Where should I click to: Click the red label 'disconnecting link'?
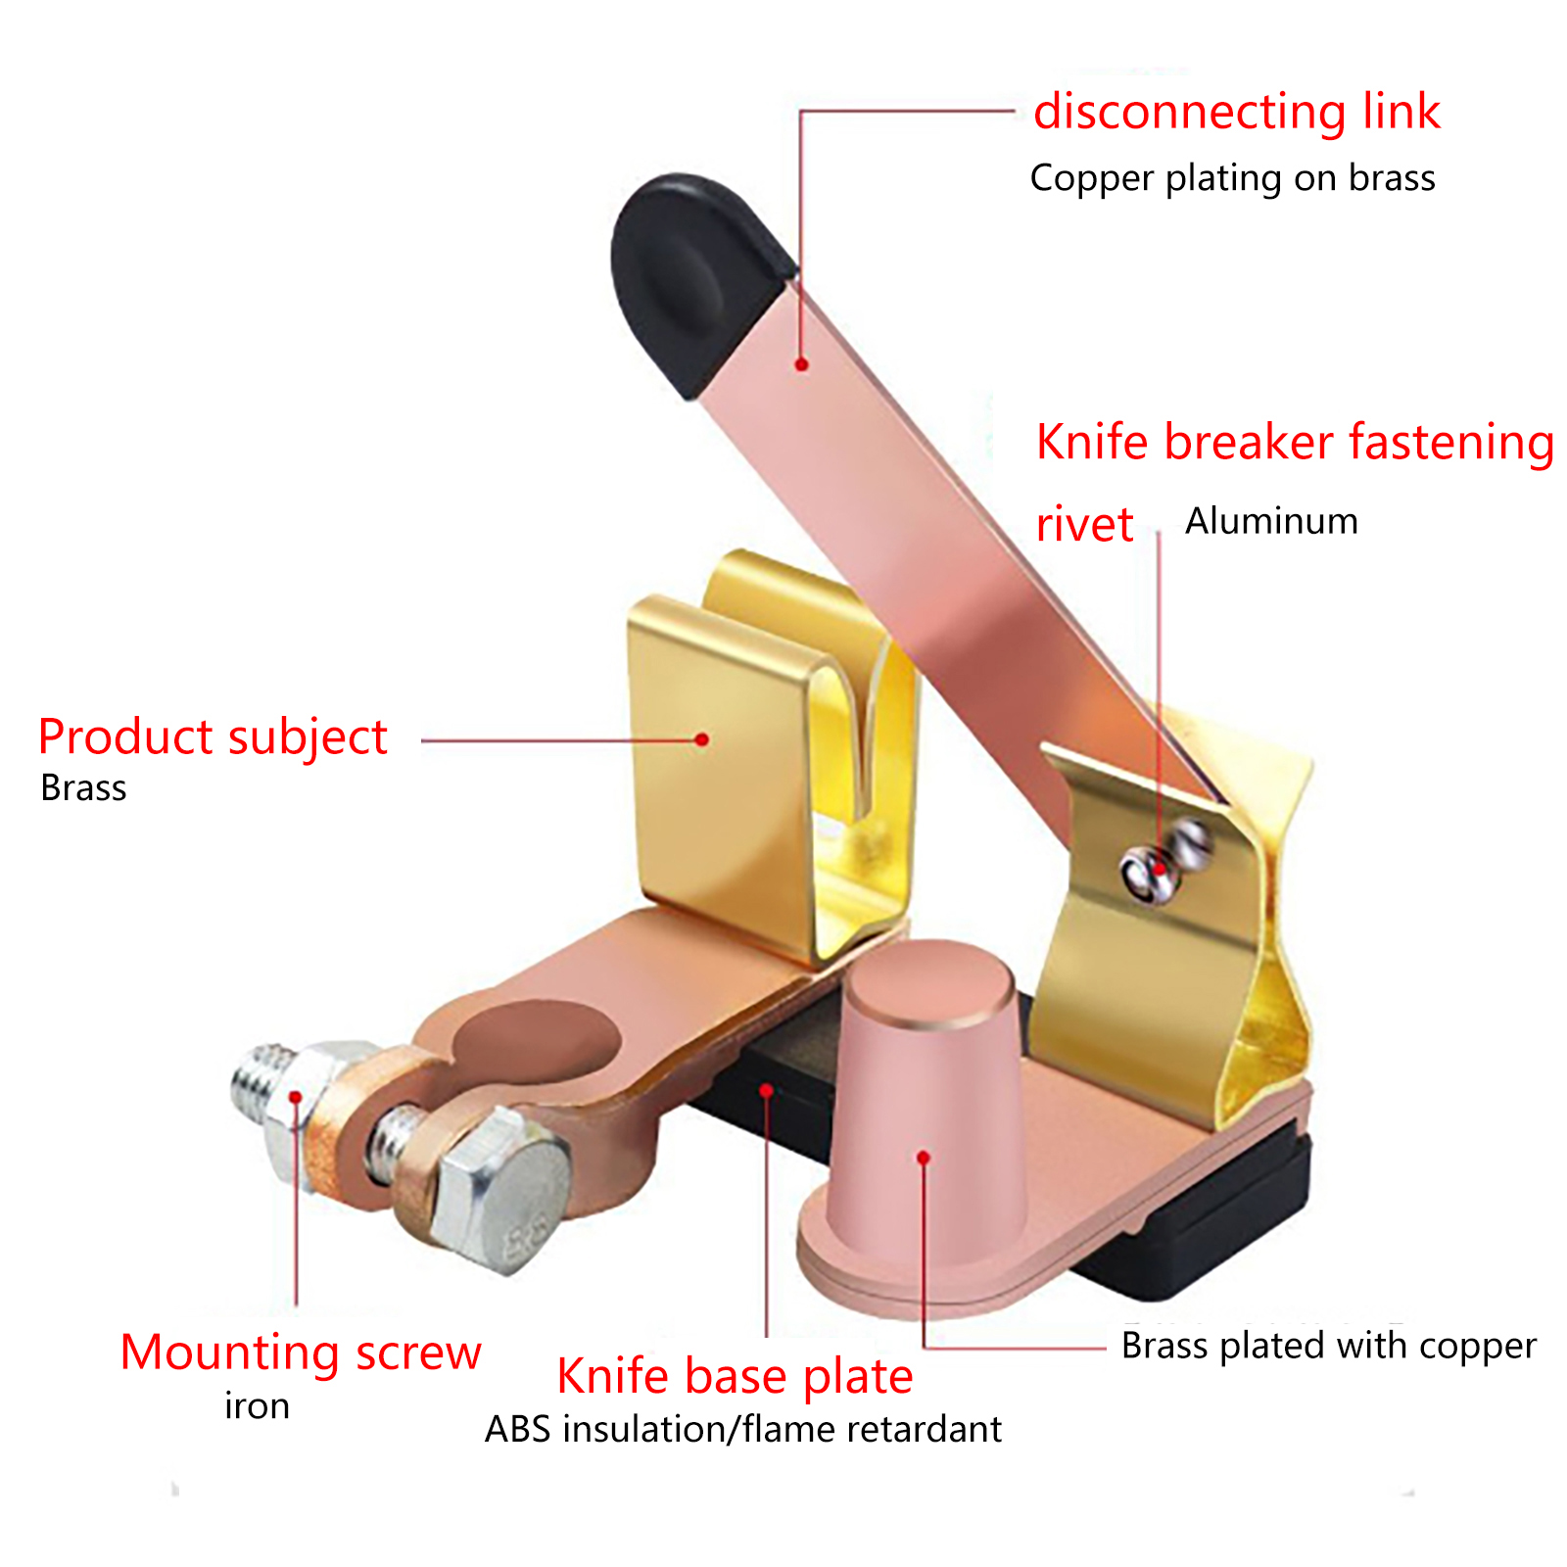point(1236,112)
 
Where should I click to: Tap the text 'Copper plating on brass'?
point(1232,178)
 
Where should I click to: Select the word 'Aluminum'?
point(1271,521)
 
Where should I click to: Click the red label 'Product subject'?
point(213,737)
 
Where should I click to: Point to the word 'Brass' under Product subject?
point(83,788)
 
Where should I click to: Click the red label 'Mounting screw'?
point(301,1353)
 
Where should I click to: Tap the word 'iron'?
point(257,1406)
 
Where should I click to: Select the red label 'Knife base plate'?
point(735,1376)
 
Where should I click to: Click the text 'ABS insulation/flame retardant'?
point(742,1430)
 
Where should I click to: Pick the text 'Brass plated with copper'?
point(1328,1346)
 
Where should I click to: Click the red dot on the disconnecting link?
point(802,364)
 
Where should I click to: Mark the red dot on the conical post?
point(924,1158)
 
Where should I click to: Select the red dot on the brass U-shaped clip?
point(702,739)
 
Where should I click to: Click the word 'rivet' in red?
point(1084,525)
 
